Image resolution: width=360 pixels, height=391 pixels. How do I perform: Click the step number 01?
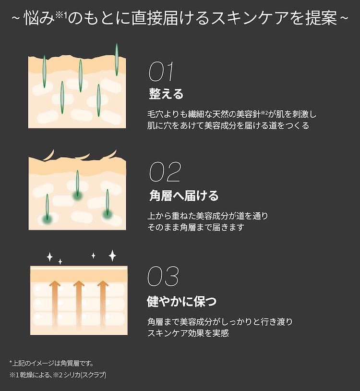point(161,72)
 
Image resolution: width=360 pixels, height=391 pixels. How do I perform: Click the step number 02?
point(165,172)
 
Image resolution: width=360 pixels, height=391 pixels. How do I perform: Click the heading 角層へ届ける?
point(183,195)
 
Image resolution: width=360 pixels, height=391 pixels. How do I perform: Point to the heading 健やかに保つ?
point(181,301)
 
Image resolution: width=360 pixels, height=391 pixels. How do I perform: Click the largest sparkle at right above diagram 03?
point(112,255)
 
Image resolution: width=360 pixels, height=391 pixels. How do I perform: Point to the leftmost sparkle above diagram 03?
point(49,257)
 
